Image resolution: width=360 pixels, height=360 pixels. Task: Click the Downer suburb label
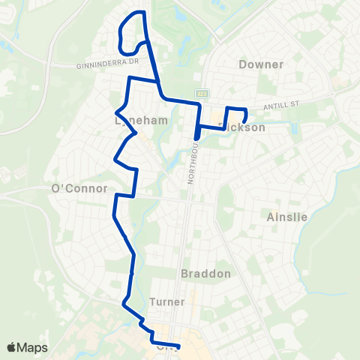point(261,64)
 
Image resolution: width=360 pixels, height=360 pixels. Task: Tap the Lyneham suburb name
point(134,120)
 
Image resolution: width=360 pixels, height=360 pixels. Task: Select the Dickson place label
point(244,127)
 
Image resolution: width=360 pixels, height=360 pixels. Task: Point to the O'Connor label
point(79,188)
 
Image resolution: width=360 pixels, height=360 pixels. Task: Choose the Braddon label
point(206,274)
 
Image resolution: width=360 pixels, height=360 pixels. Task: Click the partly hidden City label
point(166,347)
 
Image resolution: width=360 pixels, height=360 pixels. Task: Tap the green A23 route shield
point(202,93)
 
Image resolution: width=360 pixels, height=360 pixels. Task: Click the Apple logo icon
point(11,347)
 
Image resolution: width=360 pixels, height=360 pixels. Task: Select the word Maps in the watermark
point(34,347)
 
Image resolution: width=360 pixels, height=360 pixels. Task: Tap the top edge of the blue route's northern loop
point(136,13)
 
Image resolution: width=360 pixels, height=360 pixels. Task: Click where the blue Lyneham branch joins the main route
point(157,78)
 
